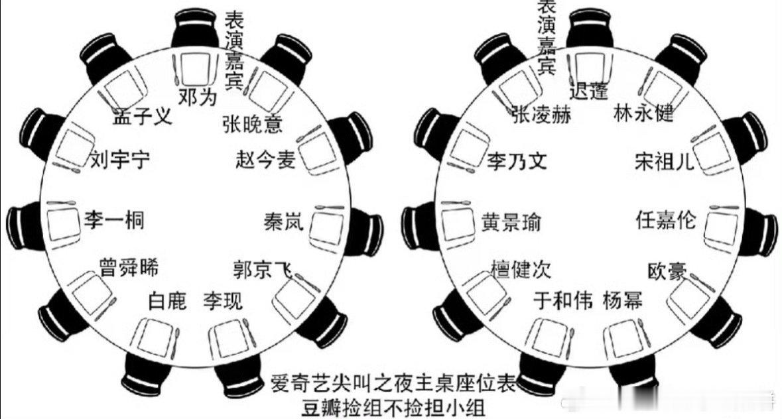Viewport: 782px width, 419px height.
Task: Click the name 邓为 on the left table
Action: [198, 97]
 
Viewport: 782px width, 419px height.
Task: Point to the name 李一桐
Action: [113, 219]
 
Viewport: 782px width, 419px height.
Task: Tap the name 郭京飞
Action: [263, 269]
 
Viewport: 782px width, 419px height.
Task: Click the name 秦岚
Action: [283, 221]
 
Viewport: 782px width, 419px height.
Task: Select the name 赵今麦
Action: [265, 160]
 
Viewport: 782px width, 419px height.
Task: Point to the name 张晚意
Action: [252, 123]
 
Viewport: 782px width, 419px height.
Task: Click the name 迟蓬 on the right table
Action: [588, 91]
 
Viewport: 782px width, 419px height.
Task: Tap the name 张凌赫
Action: [541, 115]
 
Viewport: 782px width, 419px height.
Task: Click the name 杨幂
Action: [623, 300]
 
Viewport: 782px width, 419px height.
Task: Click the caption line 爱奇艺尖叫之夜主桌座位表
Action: [393, 384]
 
